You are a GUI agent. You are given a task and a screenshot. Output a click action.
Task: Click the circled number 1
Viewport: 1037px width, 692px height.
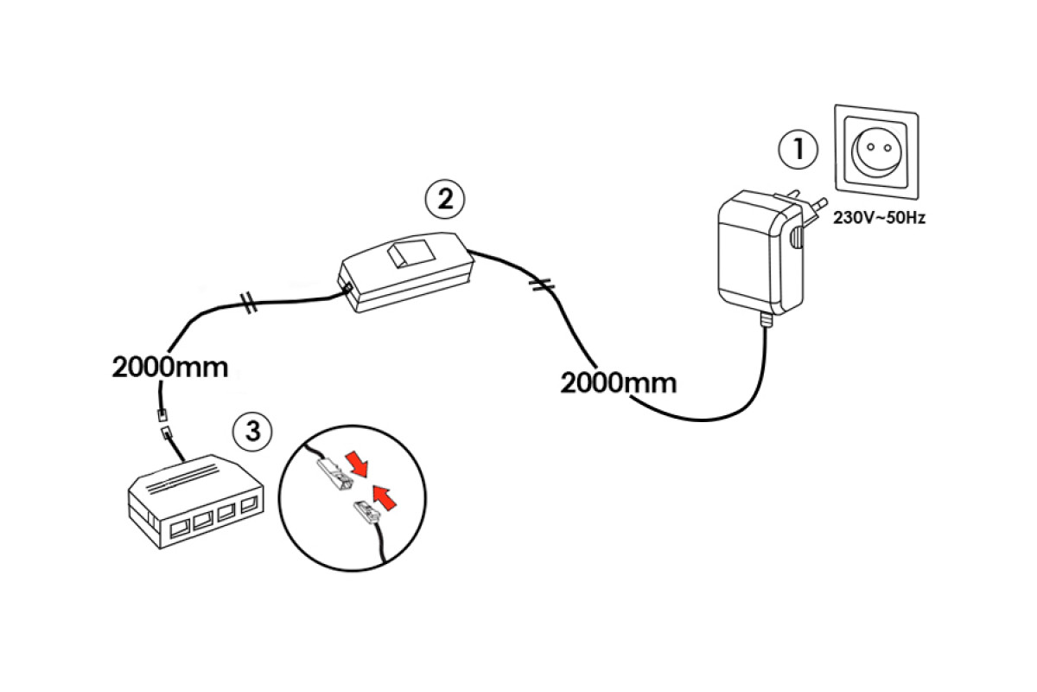click(798, 150)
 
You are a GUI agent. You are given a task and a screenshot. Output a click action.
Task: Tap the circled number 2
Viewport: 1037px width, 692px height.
click(444, 199)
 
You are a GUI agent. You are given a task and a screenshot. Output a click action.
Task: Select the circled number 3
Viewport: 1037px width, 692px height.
click(252, 431)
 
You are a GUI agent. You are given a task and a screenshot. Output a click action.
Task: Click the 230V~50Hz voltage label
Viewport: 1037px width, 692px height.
click(879, 219)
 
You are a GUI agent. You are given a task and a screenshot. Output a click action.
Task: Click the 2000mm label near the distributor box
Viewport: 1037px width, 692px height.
click(170, 367)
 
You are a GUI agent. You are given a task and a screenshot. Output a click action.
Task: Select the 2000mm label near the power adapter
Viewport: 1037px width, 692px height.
click(619, 381)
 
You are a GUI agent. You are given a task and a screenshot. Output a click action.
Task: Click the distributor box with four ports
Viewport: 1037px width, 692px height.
click(194, 500)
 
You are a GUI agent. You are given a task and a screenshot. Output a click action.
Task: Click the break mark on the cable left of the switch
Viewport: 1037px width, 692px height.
click(248, 304)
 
